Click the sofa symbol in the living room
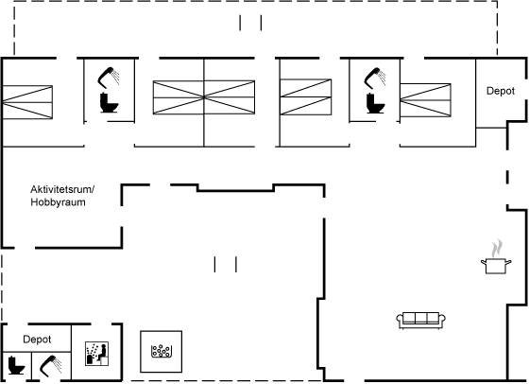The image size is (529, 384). [420, 321]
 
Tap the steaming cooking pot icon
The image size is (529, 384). [496, 265]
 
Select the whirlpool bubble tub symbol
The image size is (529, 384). [161, 351]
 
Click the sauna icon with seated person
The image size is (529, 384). [96, 354]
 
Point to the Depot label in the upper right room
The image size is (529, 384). [501, 91]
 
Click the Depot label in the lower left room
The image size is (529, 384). [37, 340]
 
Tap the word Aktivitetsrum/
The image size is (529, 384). [62, 189]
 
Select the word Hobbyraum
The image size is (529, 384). [58, 202]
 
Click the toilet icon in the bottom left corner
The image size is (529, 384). [15, 365]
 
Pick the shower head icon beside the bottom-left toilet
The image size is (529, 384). [51, 365]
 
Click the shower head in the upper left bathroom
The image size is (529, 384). [109, 78]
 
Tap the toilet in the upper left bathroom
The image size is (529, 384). [109, 102]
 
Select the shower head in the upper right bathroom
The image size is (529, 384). [375, 78]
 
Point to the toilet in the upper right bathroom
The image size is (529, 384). [375, 102]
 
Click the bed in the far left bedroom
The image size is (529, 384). [27, 102]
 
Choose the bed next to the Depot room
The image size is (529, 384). [425, 100]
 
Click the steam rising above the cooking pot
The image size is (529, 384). [497, 249]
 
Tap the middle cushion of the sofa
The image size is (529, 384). [421, 318]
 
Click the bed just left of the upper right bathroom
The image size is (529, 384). [306, 96]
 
